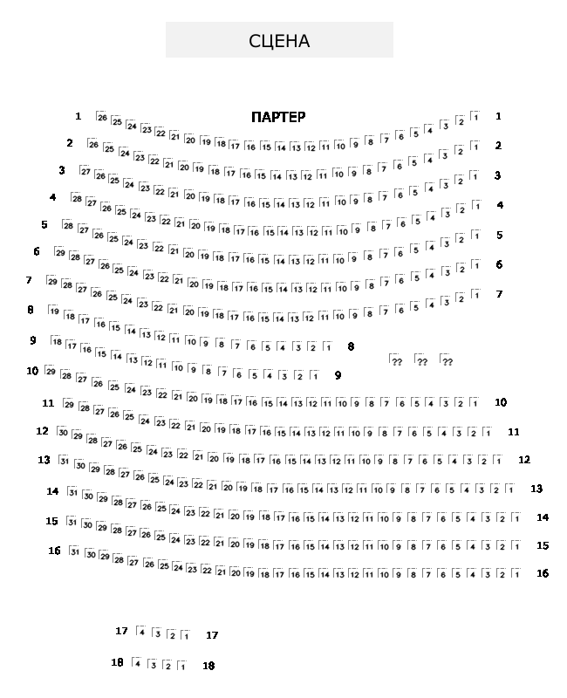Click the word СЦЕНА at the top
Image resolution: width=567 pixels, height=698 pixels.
coord(279,41)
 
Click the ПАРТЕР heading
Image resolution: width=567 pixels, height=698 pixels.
coord(278,117)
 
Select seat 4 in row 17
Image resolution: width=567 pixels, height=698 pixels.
coord(141,633)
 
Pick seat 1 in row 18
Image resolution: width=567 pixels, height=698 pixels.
coord(182,667)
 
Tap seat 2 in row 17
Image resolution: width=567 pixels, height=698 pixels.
coord(172,634)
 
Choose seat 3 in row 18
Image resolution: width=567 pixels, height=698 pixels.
coord(153,666)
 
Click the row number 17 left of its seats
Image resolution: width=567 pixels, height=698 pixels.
coord(121,631)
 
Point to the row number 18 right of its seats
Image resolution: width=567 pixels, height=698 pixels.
coord(208,666)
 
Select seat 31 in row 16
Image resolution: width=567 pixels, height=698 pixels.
coord(75,551)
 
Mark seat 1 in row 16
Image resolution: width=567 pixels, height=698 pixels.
coord(516,574)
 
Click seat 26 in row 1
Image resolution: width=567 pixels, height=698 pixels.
coord(102,118)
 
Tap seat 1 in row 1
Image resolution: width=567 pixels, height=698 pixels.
coord(475,116)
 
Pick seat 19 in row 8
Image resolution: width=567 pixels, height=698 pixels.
coord(55,311)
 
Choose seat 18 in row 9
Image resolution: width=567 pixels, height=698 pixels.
coord(57,342)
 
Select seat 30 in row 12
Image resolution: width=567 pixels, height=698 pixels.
coord(63,432)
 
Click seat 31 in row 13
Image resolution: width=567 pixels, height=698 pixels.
coord(64,460)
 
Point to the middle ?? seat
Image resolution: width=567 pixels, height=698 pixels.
coord(420,361)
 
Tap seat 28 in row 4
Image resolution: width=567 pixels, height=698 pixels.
coord(77,199)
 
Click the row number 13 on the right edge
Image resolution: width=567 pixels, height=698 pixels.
coord(536,489)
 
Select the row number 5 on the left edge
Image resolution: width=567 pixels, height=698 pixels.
coord(44,224)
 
